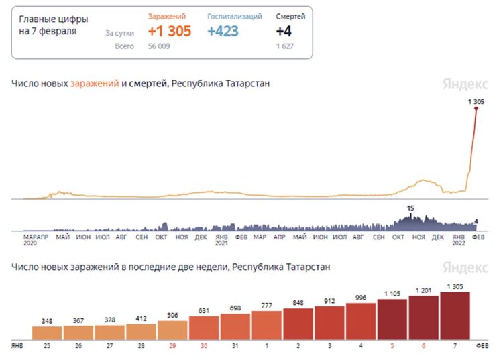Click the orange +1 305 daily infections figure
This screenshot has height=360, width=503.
(169, 32)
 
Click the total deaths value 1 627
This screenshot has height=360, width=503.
(286, 46)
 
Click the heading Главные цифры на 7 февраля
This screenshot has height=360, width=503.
(54, 25)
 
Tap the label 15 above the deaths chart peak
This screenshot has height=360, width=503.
(411, 209)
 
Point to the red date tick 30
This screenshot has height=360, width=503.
(204, 345)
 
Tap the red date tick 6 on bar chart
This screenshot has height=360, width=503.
(423, 345)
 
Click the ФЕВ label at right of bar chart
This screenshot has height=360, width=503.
(482, 345)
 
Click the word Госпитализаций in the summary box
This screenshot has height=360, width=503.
(234, 16)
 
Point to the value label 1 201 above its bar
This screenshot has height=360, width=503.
(423, 290)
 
